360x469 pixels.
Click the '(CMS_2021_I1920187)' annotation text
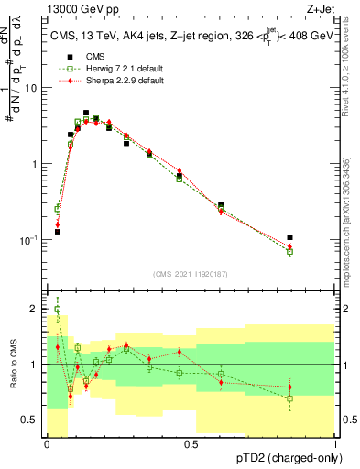(191, 273)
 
